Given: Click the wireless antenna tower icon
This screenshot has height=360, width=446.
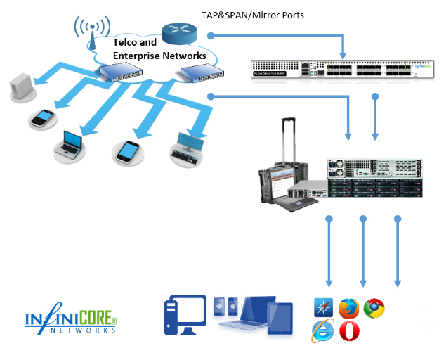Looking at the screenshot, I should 88,32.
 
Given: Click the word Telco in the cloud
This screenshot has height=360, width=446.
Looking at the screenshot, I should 127,42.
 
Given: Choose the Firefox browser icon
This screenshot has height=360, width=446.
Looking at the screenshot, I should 348,308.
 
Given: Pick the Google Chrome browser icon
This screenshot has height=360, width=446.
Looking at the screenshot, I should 373,308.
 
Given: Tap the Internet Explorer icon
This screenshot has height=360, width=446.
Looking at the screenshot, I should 323,331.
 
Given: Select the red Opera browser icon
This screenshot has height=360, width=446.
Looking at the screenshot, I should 349,331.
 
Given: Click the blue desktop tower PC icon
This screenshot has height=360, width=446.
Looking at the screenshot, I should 184,314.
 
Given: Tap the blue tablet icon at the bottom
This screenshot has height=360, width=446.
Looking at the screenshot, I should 280,318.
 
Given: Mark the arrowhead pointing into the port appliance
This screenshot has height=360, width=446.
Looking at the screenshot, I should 343,55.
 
